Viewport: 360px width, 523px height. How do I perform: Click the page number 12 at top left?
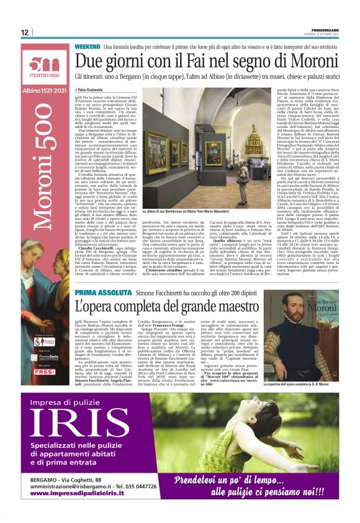[x=25, y=32]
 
